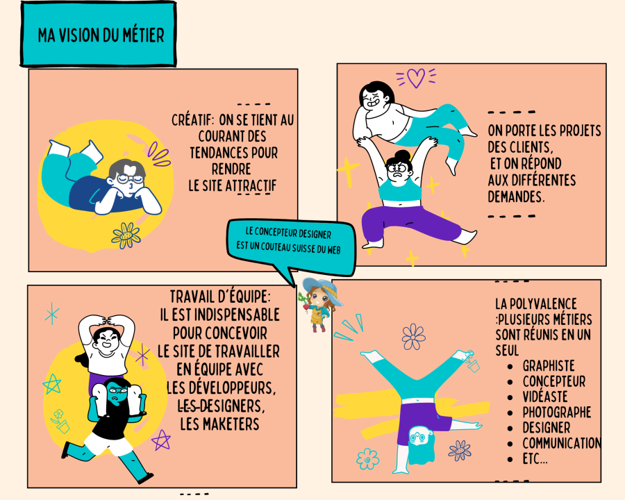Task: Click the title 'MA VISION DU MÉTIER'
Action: [101, 35]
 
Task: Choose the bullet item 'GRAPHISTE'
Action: [549, 366]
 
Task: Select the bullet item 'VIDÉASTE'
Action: [545, 397]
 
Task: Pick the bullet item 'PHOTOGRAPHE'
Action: [557, 412]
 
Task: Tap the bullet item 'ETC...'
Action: [535, 459]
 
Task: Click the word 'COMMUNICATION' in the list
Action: [562, 443]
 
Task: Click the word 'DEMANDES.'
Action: [516, 197]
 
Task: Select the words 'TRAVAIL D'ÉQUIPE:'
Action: [220, 297]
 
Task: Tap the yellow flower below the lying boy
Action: [126, 235]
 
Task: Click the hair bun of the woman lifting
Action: [403, 155]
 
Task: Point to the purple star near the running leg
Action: [161, 440]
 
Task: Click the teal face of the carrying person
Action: [117, 393]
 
